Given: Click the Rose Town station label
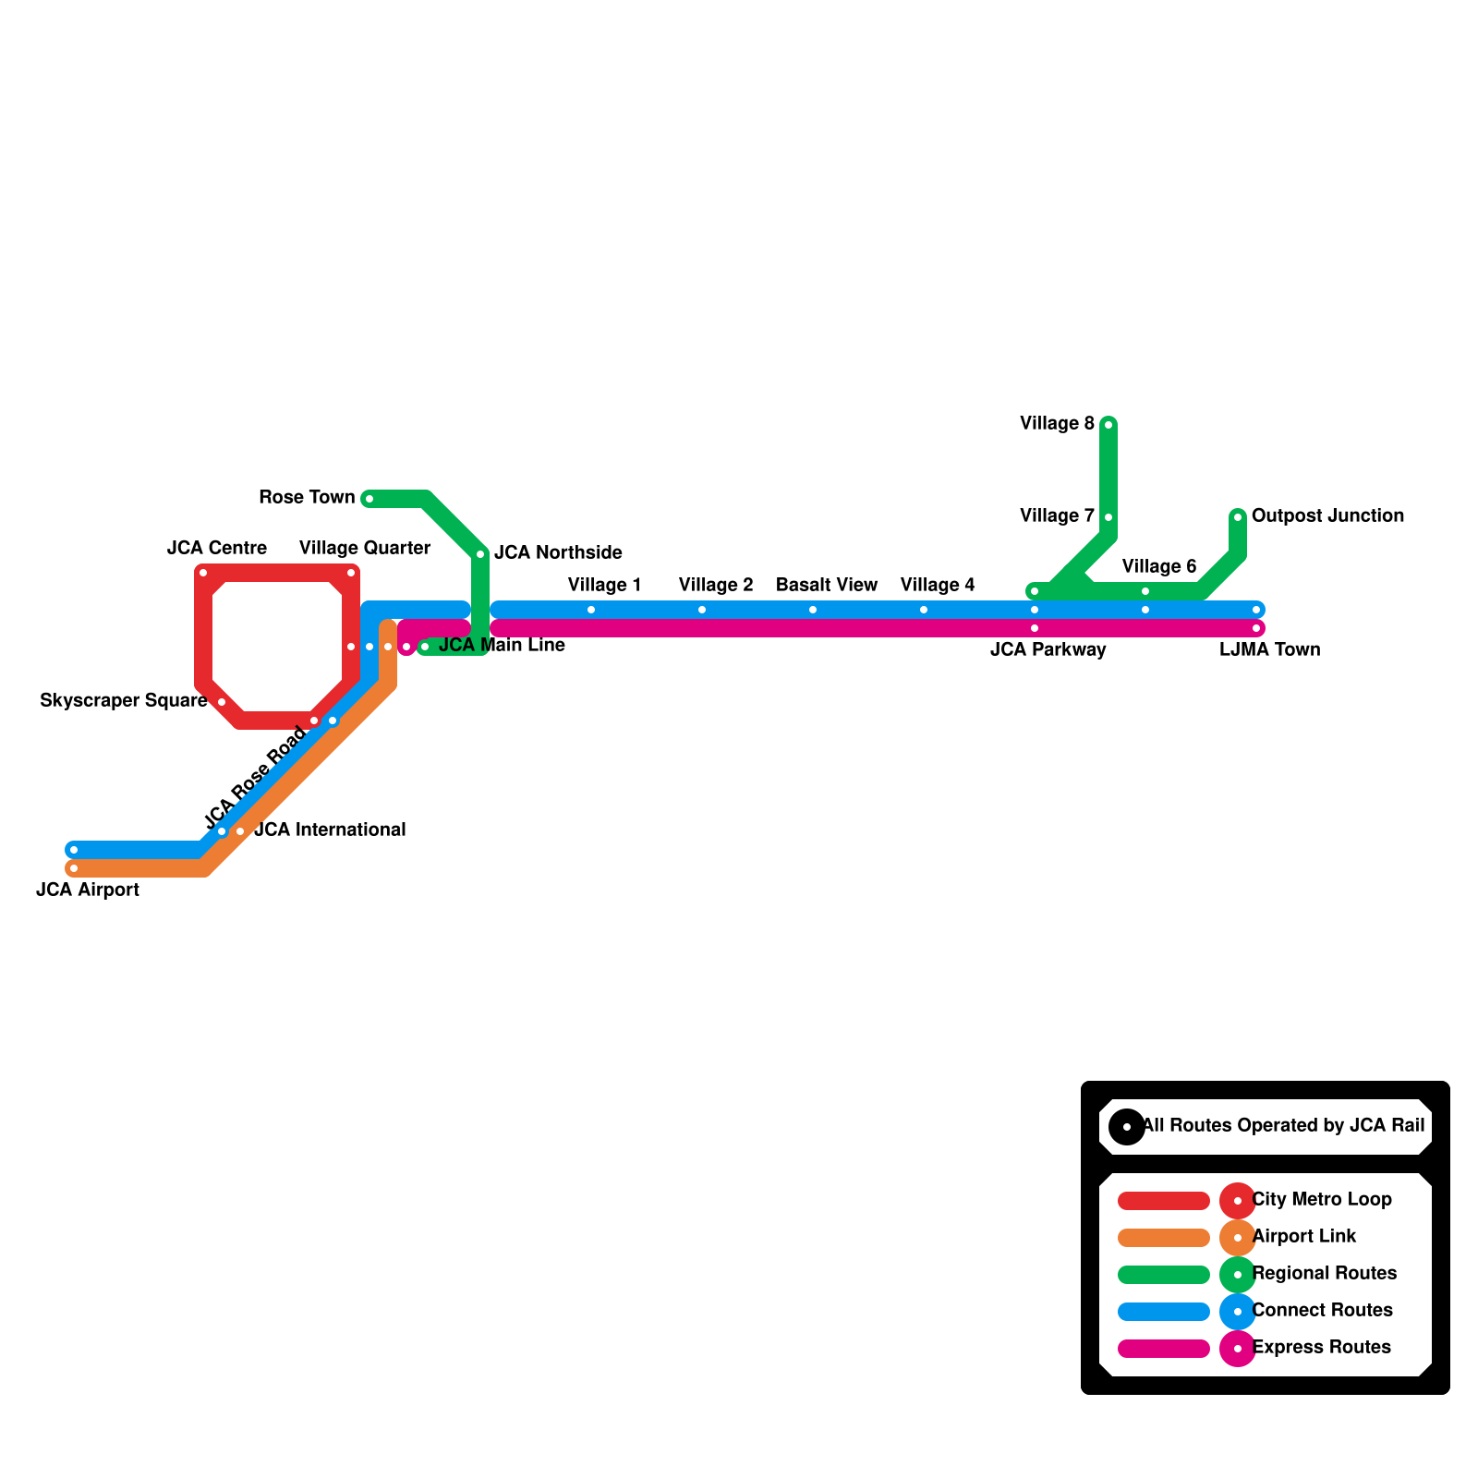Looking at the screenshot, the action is (x=307, y=498).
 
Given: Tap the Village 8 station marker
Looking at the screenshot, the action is (x=1108, y=425).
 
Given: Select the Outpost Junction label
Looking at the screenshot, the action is (x=1327, y=516).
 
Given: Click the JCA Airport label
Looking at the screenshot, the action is (x=88, y=890).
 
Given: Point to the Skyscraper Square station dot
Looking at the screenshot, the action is (x=222, y=702).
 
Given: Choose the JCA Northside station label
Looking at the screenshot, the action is (x=558, y=553).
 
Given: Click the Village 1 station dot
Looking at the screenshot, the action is (x=591, y=610).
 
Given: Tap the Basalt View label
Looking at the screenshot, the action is (x=827, y=586).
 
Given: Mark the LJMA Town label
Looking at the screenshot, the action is (x=1269, y=650).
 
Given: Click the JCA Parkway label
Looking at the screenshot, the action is (x=1048, y=650).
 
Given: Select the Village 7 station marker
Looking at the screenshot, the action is (x=1108, y=517).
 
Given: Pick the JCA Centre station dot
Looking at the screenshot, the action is (x=203, y=573).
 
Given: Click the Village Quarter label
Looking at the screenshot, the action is (x=365, y=549).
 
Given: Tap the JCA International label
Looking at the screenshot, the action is (x=330, y=830).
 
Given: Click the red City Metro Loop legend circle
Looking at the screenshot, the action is (x=1238, y=1201).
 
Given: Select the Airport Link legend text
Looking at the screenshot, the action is (x=1303, y=1237).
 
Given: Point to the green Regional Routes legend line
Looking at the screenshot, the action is (x=1164, y=1275).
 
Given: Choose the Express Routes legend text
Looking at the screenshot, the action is (x=1321, y=1348).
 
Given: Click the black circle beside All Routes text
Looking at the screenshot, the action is (x=1127, y=1127).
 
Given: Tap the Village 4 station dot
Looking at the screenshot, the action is (x=924, y=610).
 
